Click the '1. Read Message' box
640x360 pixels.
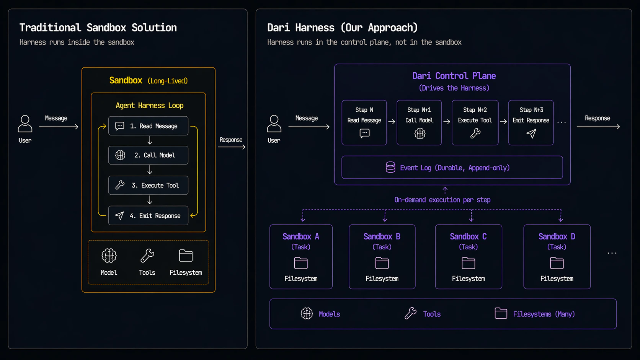coord(148,126)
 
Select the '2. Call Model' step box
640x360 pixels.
coord(148,155)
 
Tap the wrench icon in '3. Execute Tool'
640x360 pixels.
coord(120,185)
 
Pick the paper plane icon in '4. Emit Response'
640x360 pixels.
coord(119,216)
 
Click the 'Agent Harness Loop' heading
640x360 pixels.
coord(149,105)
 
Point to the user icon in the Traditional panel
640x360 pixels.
coord(25,124)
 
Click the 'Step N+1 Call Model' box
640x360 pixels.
coord(419,122)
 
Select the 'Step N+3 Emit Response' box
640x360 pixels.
coord(531,122)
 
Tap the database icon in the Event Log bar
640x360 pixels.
coord(390,167)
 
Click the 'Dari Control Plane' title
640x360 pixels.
coord(454,76)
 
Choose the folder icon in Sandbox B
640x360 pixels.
coord(382,263)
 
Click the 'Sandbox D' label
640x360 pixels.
coord(557,236)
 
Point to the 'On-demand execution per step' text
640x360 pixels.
coord(442,200)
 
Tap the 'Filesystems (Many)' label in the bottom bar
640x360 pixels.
coord(544,314)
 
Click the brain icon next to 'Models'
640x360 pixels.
coord(307,313)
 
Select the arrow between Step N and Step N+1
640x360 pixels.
coord(392,122)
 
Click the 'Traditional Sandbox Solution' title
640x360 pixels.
coord(98,28)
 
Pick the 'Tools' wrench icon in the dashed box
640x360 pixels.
coord(147,256)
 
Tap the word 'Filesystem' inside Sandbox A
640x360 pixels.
coord(301,279)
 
